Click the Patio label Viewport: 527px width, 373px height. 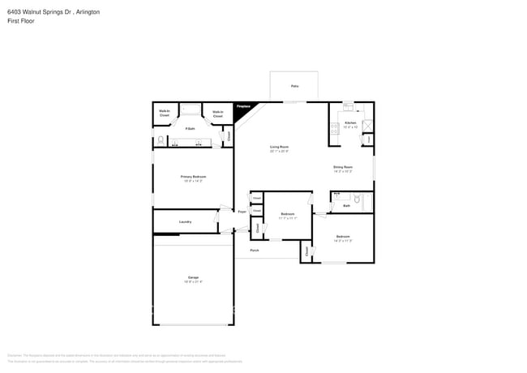[x=293, y=85]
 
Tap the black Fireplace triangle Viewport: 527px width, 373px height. [x=241, y=109]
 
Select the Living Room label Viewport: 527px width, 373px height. [x=279, y=147]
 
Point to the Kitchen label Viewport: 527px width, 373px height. [x=350, y=122]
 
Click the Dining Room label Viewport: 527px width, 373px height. [x=343, y=167]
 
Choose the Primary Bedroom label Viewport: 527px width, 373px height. [x=193, y=176]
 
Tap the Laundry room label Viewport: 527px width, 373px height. [x=184, y=221]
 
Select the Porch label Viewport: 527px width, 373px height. [x=255, y=251]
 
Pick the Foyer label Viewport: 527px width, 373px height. [x=242, y=212]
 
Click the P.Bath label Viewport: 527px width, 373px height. [x=190, y=129]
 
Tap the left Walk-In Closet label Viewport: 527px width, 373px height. [x=164, y=113]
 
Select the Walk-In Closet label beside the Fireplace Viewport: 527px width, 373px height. [x=217, y=114]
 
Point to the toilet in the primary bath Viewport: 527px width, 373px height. [x=161, y=141]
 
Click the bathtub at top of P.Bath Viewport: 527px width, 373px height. [x=191, y=109]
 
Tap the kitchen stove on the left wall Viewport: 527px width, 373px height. [x=333, y=128]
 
